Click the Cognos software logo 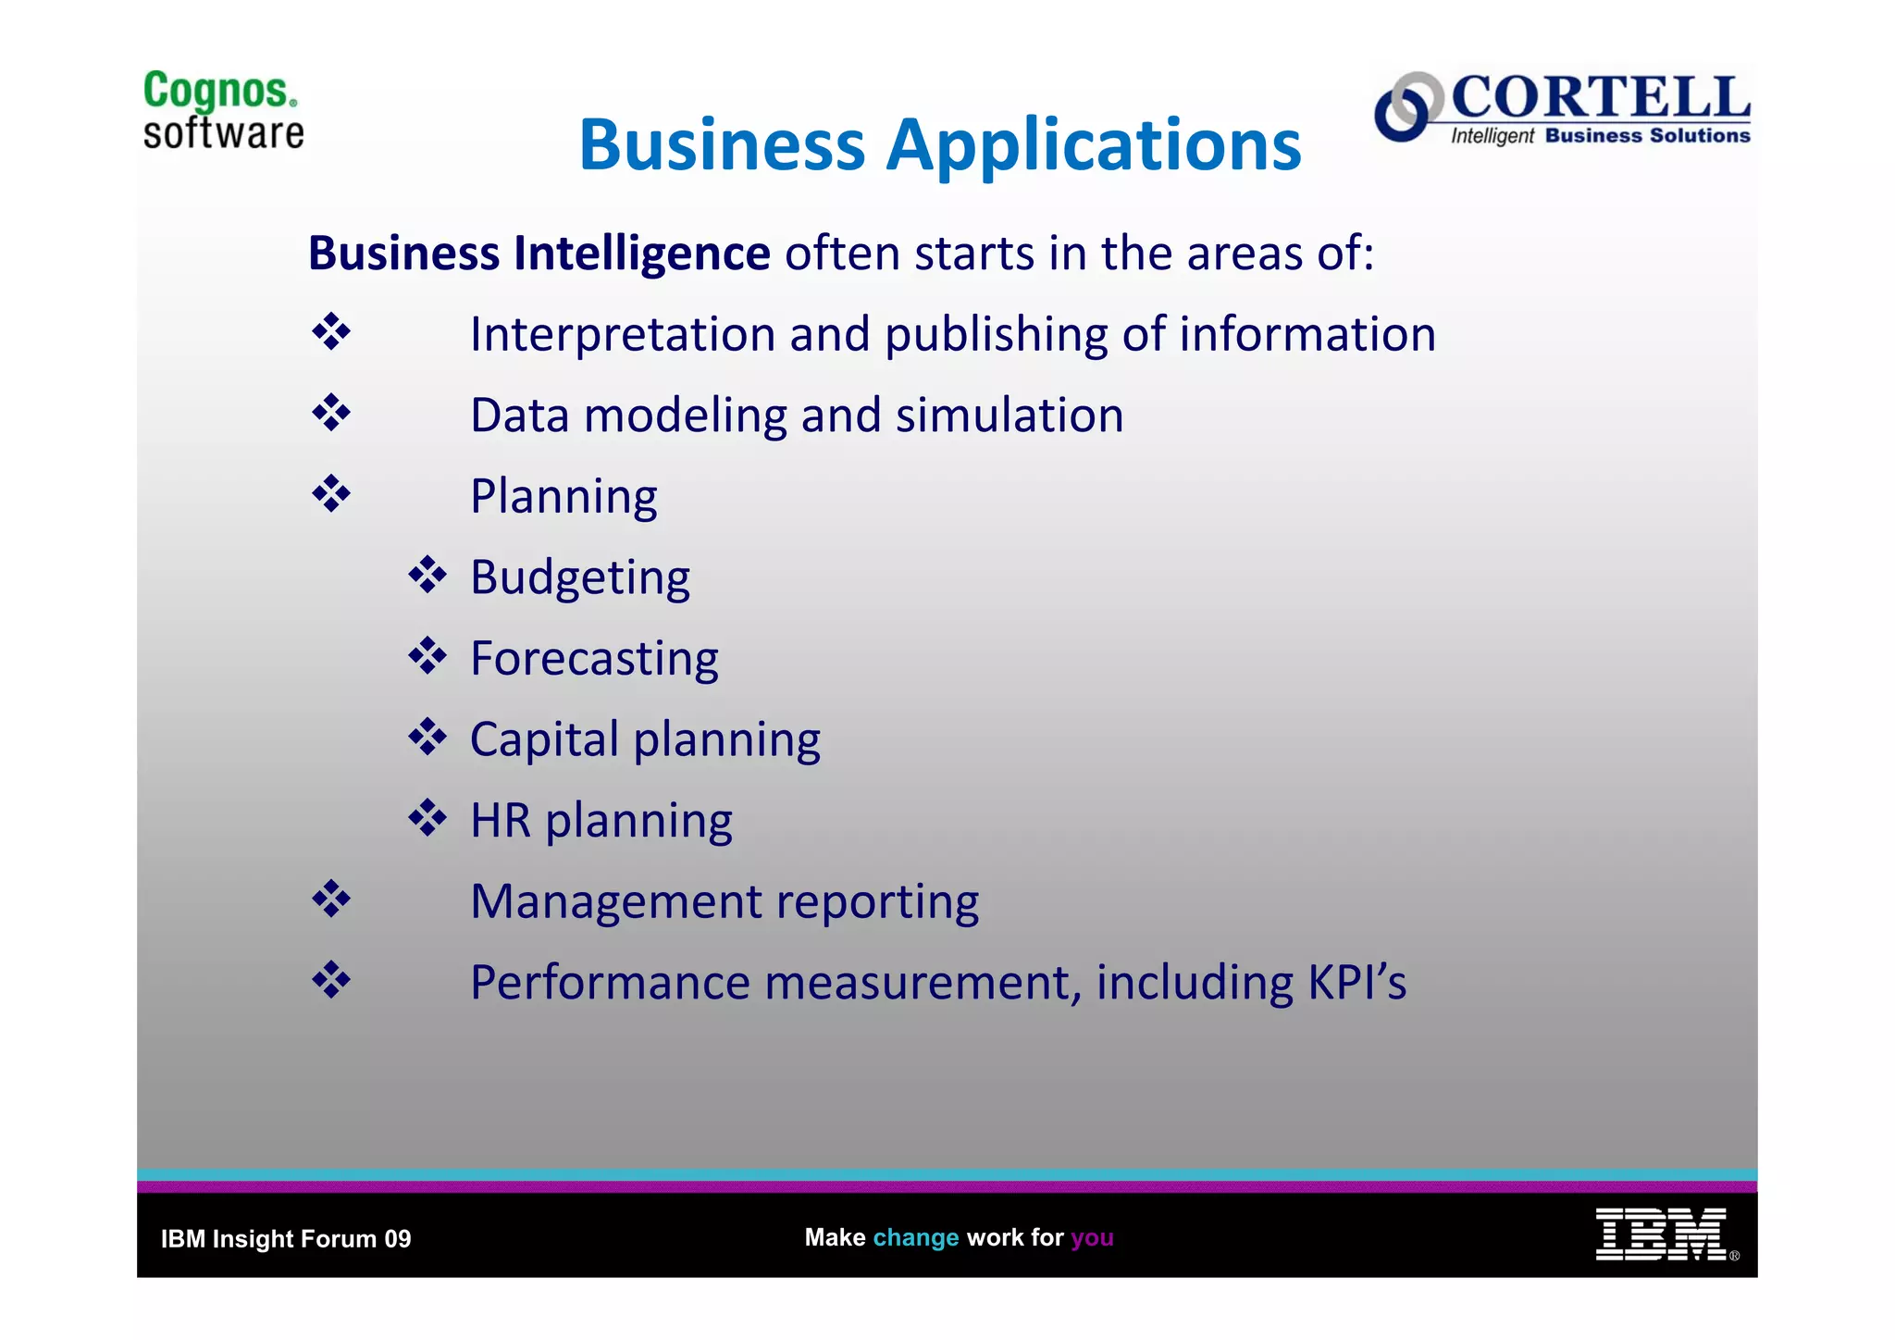tap(223, 110)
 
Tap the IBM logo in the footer tap(1661, 1235)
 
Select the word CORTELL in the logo tap(1601, 96)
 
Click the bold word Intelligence tap(641, 254)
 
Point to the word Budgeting tap(580, 578)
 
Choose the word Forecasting tap(594, 659)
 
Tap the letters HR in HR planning tap(501, 821)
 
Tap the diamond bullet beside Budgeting tap(427, 576)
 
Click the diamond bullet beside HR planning tap(427, 818)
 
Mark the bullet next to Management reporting tap(331, 900)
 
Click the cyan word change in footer tap(915, 1238)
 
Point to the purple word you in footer tap(1092, 1238)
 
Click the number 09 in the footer tap(398, 1239)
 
